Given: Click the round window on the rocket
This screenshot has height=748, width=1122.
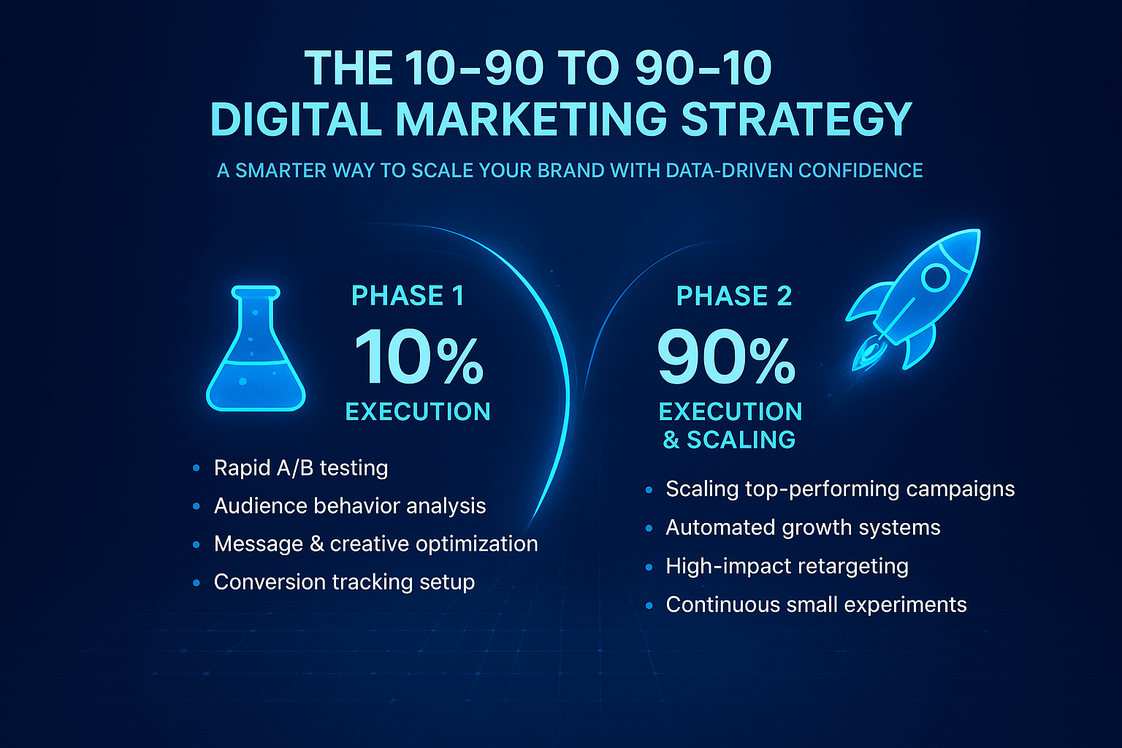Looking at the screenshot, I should pos(935,278).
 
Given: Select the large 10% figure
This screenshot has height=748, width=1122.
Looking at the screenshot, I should pos(419,358).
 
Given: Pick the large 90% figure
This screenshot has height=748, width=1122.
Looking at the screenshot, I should pos(726,358).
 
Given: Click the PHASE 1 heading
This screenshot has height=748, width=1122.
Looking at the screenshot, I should pos(408,296).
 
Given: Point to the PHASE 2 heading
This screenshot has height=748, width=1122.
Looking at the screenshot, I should pos(734,296).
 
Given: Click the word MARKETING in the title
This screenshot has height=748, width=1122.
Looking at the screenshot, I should pos(532,119).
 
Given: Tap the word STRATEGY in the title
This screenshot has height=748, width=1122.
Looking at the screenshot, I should pos(796,119).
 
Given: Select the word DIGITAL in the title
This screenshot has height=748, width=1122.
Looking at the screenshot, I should pos(297,119).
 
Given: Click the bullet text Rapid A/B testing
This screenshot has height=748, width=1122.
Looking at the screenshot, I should pos(301,467).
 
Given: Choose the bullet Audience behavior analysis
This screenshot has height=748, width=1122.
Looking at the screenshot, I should pos(350,505).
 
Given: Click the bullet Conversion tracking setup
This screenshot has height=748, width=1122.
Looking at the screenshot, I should pos(344,581).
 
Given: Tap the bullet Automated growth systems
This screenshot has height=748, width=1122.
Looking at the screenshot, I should pos(803,527).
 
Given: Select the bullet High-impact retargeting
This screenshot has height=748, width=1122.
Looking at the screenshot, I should pos(787,566).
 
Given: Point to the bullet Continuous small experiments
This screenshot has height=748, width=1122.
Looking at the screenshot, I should pos(816,605).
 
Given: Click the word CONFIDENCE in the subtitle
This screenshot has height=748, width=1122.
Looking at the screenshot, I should pos(860,171).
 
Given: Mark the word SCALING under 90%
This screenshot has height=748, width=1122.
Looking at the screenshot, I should pos(741,440).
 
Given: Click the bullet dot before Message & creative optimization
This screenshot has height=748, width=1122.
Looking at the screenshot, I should pos(196,545).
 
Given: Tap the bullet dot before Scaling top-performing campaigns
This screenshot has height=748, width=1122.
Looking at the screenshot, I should pos(649,490).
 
